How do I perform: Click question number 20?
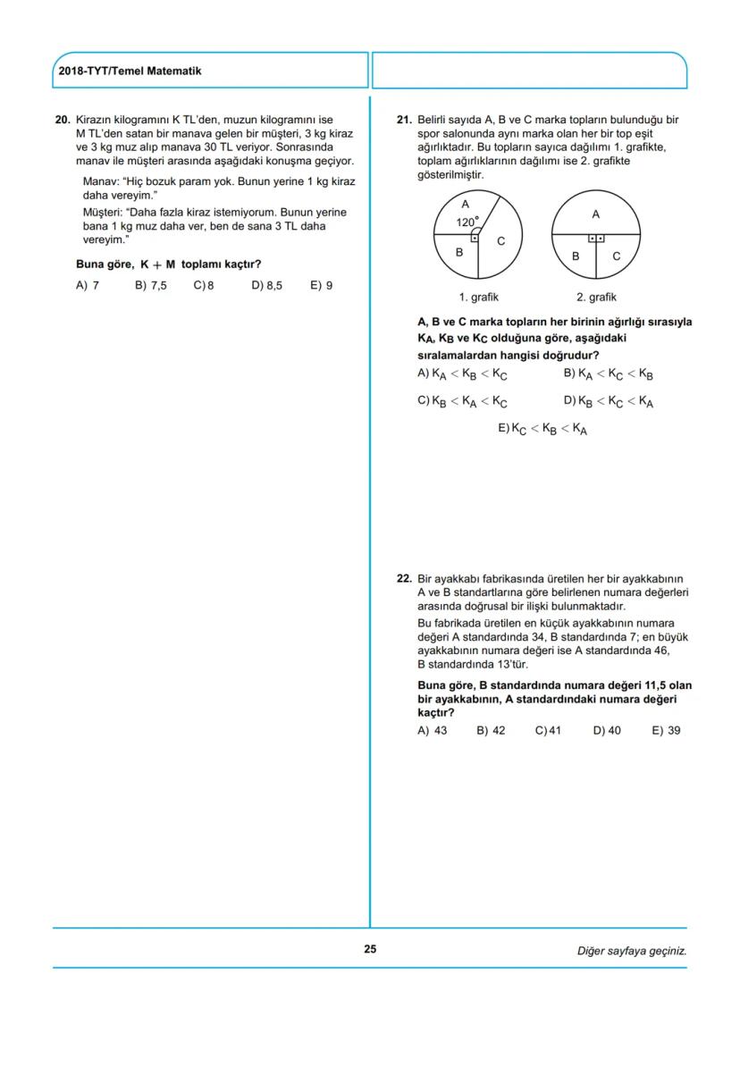click(63, 119)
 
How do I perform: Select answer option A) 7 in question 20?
click(88, 286)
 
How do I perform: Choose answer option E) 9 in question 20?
click(321, 286)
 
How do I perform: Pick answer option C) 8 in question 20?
click(204, 286)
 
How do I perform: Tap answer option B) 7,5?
click(150, 286)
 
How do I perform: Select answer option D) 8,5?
click(266, 286)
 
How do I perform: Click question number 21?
click(403, 119)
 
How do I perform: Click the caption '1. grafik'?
click(478, 297)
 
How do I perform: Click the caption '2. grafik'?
click(596, 297)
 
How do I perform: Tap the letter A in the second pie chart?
click(596, 214)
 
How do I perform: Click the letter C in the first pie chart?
click(500, 240)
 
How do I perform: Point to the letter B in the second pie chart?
click(576, 256)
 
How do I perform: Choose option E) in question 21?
click(542, 429)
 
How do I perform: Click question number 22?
click(403, 578)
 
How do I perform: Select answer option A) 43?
click(433, 730)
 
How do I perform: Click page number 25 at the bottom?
click(370, 949)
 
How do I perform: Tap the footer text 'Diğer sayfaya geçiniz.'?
click(632, 950)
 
